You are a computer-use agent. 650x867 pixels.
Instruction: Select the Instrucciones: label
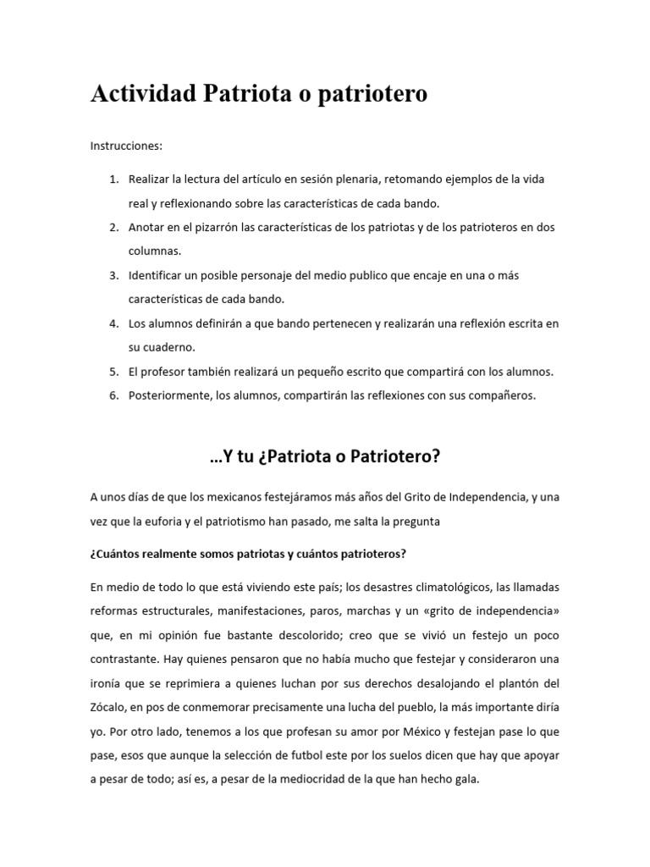pyautogui.click(x=125, y=146)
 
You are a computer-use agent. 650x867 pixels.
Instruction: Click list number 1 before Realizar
pyautogui.click(x=113, y=180)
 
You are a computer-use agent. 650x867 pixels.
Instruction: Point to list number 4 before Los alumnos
pyautogui.click(x=113, y=323)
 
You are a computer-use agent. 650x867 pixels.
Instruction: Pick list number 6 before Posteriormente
pyautogui.click(x=113, y=395)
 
